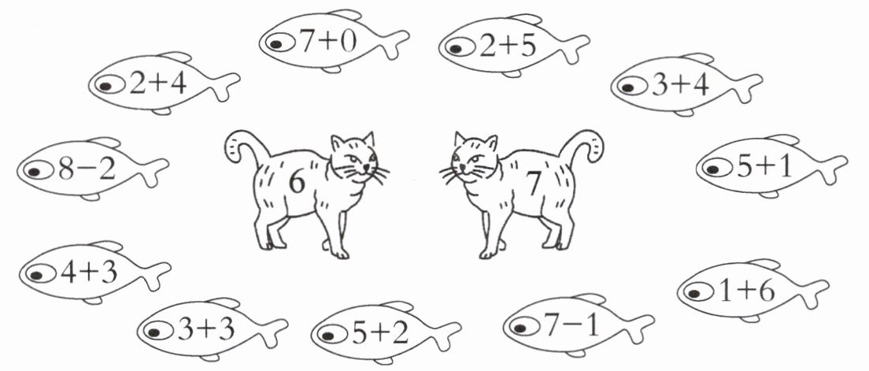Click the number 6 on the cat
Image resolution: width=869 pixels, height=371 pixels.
coord(297,183)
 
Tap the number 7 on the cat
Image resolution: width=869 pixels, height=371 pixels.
coord(533,184)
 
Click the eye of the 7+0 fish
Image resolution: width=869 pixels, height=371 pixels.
coord(277,43)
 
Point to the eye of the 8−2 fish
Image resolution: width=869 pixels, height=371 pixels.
coord(35,171)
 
